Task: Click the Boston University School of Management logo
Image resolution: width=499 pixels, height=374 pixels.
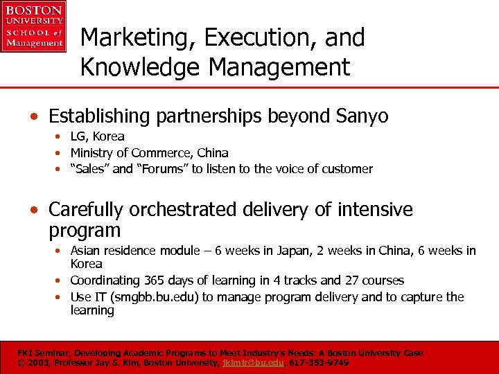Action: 33,26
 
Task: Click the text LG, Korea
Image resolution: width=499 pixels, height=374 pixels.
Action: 97,136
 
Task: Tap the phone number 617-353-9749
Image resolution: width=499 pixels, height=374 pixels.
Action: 319,362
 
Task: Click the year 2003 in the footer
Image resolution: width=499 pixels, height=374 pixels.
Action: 36,362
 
